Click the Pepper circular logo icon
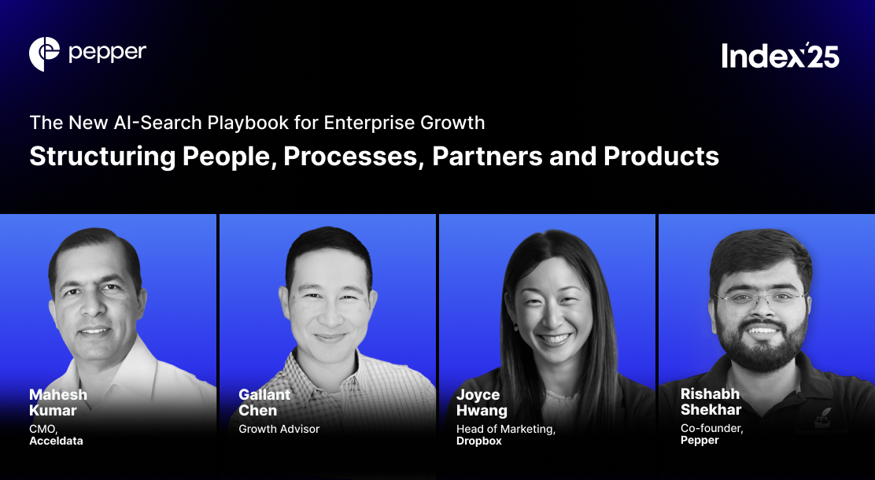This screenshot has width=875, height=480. click(x=45, y=54)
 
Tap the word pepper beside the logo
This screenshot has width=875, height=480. click(x=107, y=54)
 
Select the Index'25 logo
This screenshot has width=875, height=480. click(x=781, y=55)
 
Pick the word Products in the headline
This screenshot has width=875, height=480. click(x=661, y=156)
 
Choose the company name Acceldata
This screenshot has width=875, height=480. click(x=56, y=441)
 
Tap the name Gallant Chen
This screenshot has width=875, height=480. click(x=265, y=402)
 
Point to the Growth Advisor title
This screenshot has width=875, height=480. click(x=279, y=430)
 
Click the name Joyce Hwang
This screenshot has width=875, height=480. click(x=482, y=402)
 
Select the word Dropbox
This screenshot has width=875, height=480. click(x=479, y=441)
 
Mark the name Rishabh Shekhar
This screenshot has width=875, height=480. click(x=711, y=401)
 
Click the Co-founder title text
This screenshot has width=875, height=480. click(x=711, y=429)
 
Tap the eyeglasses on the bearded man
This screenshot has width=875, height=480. click(x=760, y=298)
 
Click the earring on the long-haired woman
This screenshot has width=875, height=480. click(x=516, y=325)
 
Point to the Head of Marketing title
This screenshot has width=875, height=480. click(x=506, y=430)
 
